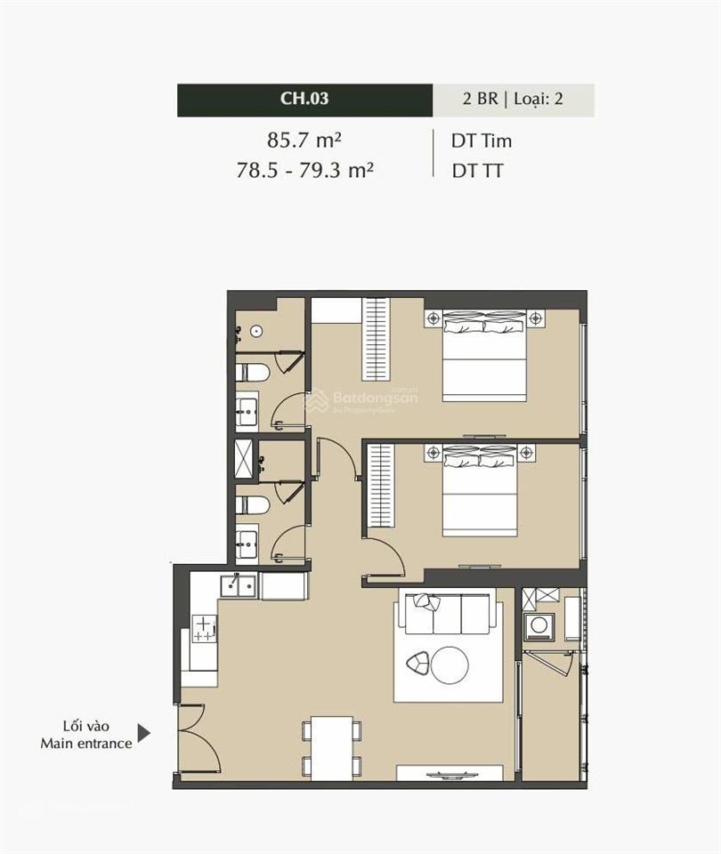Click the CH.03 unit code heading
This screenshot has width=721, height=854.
point(304,98)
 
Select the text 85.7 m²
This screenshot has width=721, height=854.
point(304,141)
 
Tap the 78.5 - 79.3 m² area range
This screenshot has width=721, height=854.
point(304,171)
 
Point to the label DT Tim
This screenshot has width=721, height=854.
point(482,141)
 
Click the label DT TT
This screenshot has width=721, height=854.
point(477,171)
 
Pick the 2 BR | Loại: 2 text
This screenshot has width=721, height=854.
point(513,99)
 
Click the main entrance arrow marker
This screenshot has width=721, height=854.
point(143,733)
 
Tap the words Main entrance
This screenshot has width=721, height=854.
point(86,744)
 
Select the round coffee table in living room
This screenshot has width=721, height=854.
point(450,665)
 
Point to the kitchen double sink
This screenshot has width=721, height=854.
point(239,586)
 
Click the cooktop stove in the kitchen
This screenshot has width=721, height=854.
point(205,628)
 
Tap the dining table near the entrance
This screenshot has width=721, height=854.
point(332,748)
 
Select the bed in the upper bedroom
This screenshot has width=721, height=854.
point(484,355)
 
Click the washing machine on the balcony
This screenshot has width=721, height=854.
point(539,625)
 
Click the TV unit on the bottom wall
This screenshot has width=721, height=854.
point(450,773)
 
